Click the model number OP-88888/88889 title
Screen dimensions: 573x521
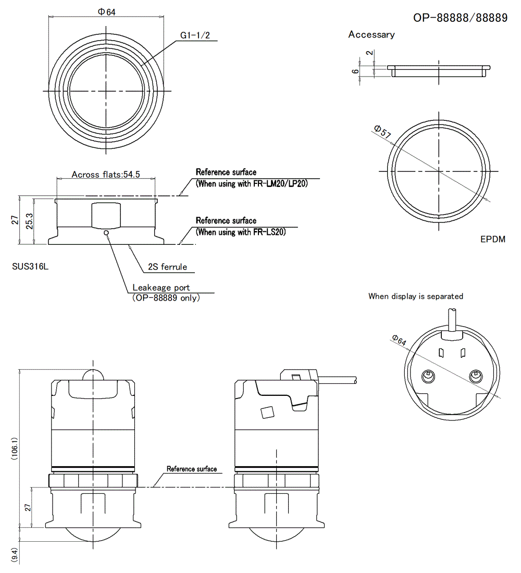click(x=460, y=18)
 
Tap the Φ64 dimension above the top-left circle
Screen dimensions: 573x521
click(x=107, y=12)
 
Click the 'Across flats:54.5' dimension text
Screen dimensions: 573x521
click(x=106, y=175)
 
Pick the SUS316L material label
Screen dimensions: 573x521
click(x=30, y=267)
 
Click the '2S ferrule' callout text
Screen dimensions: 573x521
click(x=167, y=267)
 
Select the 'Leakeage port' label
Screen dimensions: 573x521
click(x=161, y=288)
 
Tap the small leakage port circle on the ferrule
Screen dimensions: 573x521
click(x=106, y=232)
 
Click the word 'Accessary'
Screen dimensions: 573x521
click(x=371, y=35)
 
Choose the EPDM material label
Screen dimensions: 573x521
click(x=493, y=240)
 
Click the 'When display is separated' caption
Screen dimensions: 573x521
click(x=416, y=296)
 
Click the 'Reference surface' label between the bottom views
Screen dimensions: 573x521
click(x=192, y=469)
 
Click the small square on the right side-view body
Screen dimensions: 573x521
click(x=267, y=412)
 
